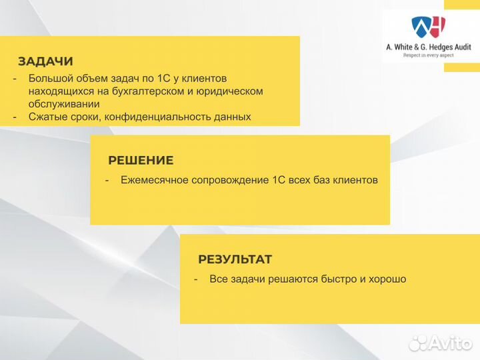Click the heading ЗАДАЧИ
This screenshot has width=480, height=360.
[x=45, y=62]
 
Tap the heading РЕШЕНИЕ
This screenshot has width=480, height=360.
[x=141, y=161]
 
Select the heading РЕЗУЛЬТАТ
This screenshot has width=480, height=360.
[x=235, y=260]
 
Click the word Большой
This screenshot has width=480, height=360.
[x=49, y=78]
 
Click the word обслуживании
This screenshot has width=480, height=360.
[x=64, y=103]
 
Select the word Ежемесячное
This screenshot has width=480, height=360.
[x=155, y=180]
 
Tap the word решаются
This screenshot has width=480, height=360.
[x=287, y=279]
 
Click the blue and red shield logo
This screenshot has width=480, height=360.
[x=429, y=27]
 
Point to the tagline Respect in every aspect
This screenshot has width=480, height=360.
[x=429, y=56]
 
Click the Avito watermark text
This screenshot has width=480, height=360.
[x=451, y=343]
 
